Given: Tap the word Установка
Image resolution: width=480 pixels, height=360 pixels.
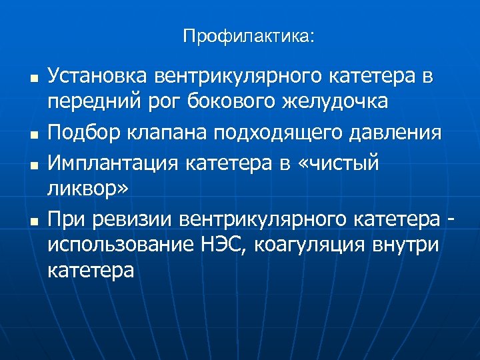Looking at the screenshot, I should (x=98, y=76).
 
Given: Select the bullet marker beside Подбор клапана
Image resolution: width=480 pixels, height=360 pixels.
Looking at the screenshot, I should (x=31, y=134).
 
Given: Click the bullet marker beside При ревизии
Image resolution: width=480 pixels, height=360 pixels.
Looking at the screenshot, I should (x=31, y=219).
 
